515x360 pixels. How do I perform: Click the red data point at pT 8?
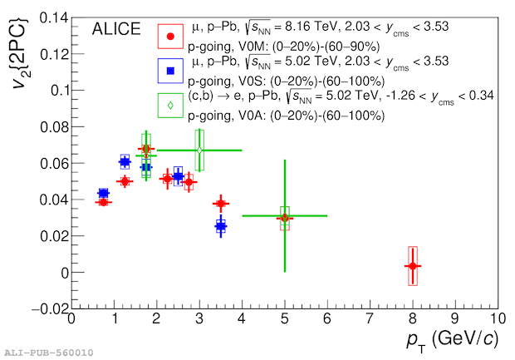412,266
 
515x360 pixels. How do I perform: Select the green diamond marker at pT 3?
199,150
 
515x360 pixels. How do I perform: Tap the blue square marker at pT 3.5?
221,225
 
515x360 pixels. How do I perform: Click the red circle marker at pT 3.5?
221,204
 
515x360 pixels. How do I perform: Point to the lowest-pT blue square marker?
103,193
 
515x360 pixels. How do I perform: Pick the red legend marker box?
170,37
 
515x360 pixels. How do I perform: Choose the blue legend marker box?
170,71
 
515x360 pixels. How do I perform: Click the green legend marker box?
170,106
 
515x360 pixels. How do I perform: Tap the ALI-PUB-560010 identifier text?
47,353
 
